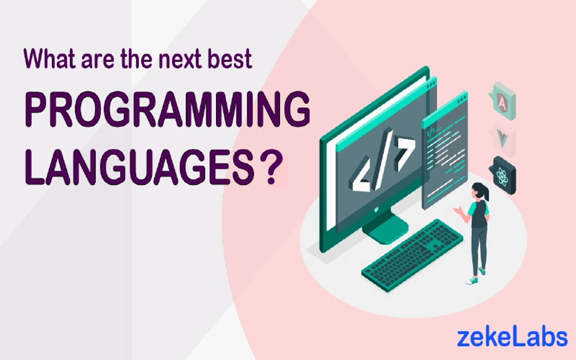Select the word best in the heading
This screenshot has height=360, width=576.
pyautogui.click(x=229, y=59)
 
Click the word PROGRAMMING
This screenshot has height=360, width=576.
pyautogui.click(x=167, y=109)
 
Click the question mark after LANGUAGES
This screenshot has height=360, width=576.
pyautogui.click(x=271, y=167)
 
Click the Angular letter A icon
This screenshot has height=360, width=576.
pyautogui.click(x=502, y=101)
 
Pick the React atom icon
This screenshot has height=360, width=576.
pyautogui.click(x=503, y=175)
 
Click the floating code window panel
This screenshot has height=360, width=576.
pyautogui.click(x=445, y=150)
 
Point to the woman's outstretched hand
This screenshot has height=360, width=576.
pyautogui.click(x=458, y=210)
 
